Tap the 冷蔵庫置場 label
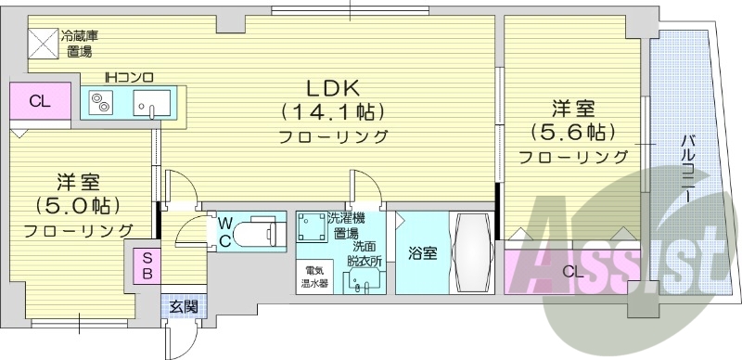(80, 44)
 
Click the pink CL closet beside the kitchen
(39, 101)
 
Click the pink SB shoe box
(147, 266)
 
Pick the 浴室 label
(422, 254)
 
